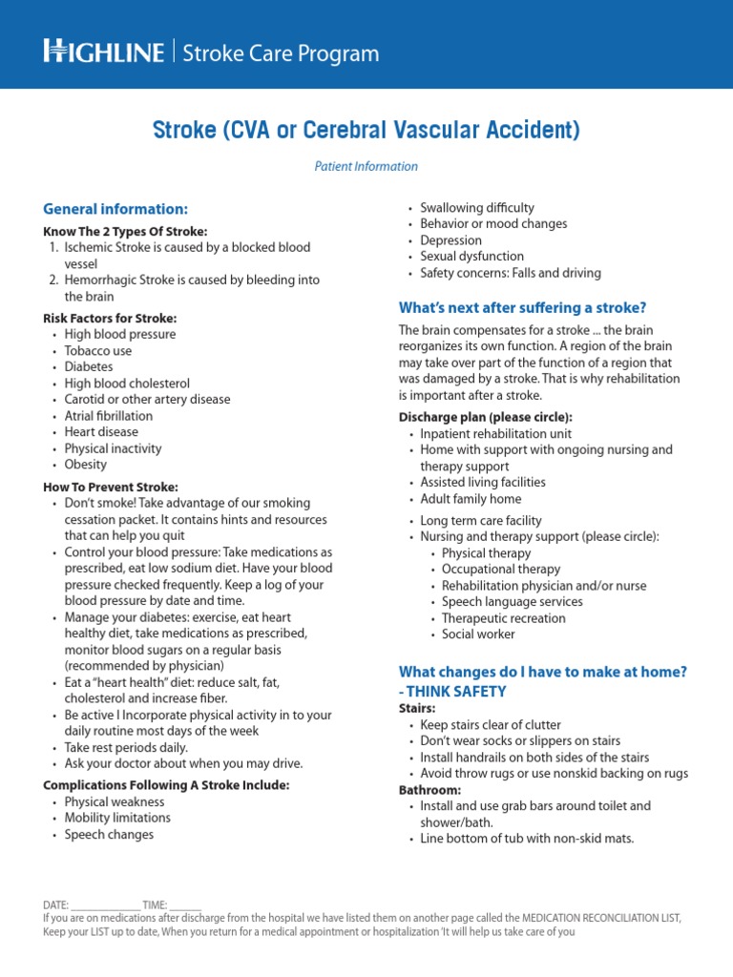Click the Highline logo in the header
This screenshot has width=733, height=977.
(103, 52)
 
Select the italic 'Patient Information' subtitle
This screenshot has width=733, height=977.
(366, 166)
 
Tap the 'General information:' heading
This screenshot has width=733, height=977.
(115, 209)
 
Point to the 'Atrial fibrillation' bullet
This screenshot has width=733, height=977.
(108, 416)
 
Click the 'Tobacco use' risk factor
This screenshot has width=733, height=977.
(98, 351)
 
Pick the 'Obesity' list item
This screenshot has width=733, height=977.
(86, 465)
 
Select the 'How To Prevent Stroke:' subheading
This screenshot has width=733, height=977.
(111, 488)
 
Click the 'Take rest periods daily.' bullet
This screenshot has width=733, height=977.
(126, 748)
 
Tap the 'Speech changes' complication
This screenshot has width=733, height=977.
(109, 835)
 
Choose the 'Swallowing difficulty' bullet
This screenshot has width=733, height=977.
(477, 208)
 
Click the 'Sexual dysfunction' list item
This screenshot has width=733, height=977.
(471, 257)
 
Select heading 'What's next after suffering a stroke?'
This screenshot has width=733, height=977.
(522, 307)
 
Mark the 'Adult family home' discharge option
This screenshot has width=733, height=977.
(471, 499)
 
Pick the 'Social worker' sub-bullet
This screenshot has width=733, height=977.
(478, 634)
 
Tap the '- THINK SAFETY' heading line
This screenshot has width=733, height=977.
(452, 692)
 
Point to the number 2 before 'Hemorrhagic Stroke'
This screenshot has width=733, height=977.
(53, 281)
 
